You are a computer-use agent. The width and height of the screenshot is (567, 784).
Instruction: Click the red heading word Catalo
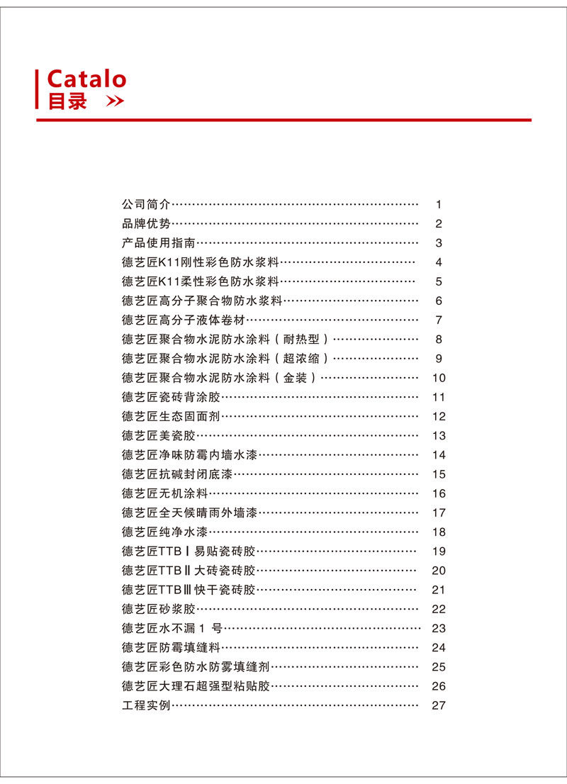86,79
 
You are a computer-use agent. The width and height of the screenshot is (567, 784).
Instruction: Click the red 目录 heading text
67,101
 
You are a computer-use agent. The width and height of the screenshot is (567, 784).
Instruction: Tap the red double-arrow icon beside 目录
115,102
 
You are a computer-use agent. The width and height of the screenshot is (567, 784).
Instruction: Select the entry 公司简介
146,204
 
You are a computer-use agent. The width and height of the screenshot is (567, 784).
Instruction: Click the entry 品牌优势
146,224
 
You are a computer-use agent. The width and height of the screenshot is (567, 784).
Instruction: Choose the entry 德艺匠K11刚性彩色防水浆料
201,262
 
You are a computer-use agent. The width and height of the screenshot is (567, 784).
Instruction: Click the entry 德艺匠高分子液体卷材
182,320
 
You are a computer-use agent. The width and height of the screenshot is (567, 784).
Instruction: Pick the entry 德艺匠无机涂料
164,493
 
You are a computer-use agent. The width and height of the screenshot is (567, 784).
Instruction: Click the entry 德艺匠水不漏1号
172,628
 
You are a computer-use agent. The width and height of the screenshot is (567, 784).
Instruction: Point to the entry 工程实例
146,705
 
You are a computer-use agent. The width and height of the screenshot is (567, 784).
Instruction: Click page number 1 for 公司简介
439,205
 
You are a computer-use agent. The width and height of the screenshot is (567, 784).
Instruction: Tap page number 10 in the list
439,378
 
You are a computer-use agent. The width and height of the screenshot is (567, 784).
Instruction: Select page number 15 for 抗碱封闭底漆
439,474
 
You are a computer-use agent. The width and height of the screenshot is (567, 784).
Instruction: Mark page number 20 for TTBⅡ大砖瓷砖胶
439,571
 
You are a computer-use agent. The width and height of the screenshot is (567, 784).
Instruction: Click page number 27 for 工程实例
439,705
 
